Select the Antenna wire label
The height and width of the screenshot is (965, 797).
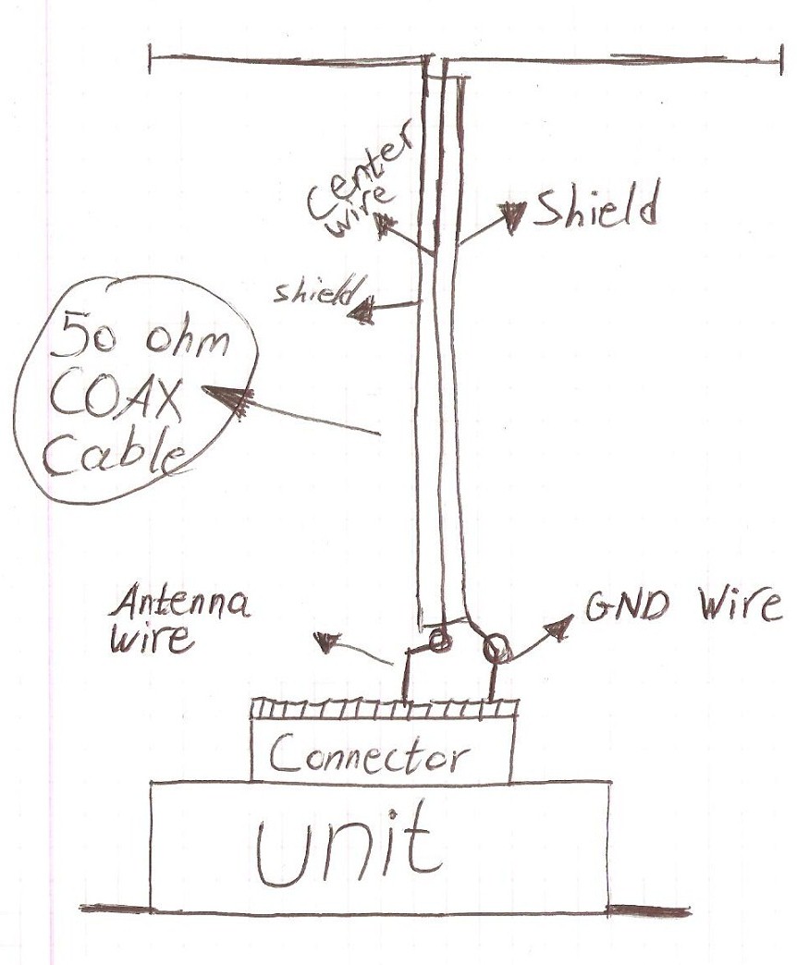tap(179, 620)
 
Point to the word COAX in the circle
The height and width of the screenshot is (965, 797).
tap(115, 399)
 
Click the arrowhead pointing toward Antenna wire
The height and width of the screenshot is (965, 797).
tap(326, 642)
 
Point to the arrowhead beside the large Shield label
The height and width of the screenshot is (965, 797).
tap(514, 214)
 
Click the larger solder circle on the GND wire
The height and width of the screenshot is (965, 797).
tap(497, 649)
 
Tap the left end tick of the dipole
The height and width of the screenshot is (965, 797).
tap(150, 59)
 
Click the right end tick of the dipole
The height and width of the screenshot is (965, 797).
tap(780, 59)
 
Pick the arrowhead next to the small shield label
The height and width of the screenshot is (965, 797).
tap(362, 312)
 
